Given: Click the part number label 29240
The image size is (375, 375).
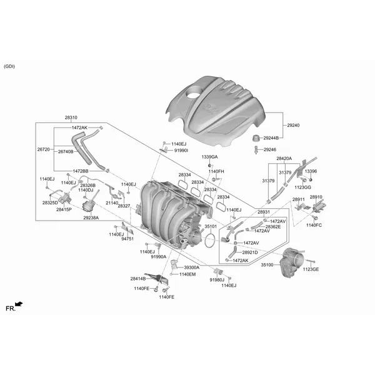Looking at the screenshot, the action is coord(293,125).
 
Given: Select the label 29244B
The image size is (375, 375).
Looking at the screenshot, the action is coord(271,138).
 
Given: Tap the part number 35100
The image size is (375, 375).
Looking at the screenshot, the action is coord(267,265).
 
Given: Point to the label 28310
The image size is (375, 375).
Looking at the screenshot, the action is coord(71,117).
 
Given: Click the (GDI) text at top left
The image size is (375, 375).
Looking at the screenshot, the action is coord(9,66).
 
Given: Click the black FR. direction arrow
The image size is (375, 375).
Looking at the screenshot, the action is coord(19,304).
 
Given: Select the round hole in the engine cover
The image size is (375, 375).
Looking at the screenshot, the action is coord(192,92).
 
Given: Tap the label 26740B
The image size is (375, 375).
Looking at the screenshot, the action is coord(66,151).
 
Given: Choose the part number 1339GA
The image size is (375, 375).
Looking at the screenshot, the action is coord(209,157).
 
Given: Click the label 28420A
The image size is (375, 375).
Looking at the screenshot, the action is coord(284,158).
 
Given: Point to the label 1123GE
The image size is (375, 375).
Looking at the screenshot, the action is coord(311,269).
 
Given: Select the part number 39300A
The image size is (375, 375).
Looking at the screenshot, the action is coord(192,267).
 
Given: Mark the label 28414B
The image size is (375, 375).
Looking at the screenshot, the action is coord(138,279).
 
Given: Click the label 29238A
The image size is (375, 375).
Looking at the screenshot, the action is coord(91,218).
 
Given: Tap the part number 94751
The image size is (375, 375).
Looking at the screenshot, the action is coord(127,239).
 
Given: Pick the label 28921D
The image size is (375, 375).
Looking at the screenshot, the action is coord(250,252).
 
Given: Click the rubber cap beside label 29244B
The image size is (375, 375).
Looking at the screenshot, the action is coord(256,138).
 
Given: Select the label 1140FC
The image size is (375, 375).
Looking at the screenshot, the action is coord(314,225).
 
